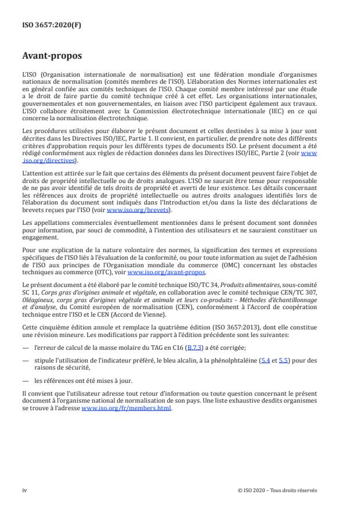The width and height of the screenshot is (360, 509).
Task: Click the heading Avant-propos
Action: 52,57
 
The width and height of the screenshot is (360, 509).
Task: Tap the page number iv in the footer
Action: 24,490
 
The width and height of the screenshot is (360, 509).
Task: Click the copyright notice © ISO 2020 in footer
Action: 278,490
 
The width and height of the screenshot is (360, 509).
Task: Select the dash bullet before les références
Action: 26,381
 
